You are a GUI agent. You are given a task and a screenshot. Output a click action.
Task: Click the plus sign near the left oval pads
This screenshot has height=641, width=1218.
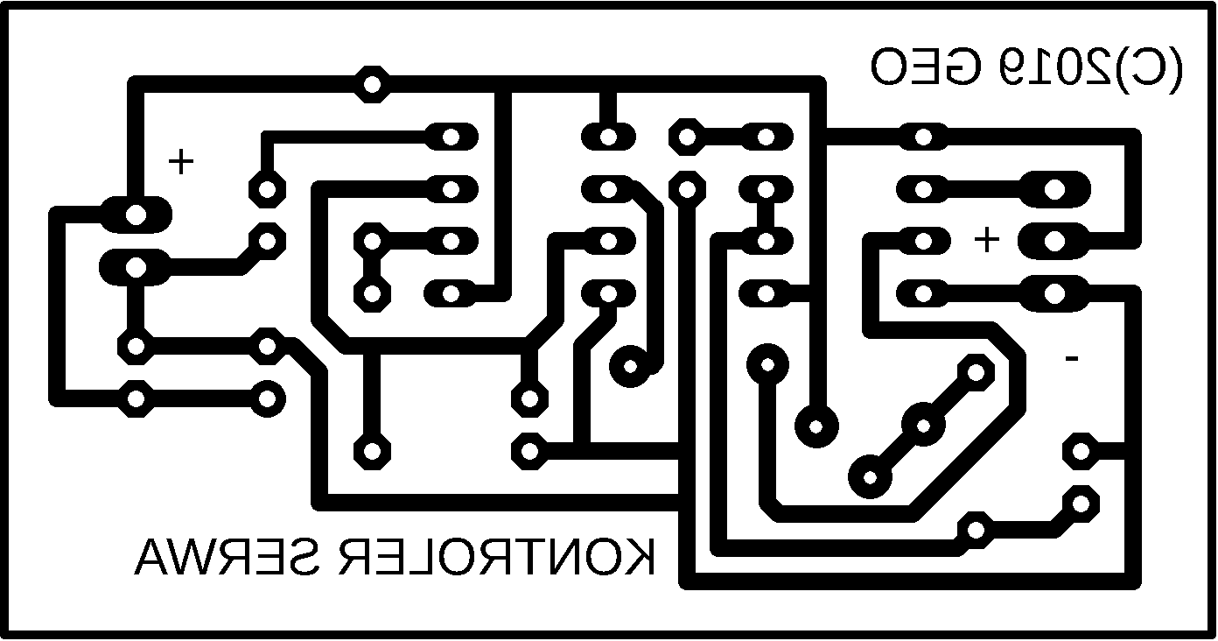coord(181,162)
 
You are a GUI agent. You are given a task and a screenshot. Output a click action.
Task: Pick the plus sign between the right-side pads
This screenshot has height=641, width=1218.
coord(987,239)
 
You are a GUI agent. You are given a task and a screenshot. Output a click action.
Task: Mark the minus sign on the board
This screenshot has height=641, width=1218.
coord(1070,357)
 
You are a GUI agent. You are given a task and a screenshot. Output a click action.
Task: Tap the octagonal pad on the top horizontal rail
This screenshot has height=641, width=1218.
coord(373,85)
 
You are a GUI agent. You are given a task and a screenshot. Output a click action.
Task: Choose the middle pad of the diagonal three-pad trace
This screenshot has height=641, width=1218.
coord(922,425)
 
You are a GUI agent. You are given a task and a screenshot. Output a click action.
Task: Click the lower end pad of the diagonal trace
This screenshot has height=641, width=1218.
coord(871,476)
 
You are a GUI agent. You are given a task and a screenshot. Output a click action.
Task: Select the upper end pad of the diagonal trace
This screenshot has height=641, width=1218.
coord(974,371)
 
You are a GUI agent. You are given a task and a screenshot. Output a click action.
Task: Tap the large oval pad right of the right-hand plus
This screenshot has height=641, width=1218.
coord(1053,239)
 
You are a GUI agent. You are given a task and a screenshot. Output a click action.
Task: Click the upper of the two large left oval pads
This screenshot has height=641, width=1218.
coord(136,214)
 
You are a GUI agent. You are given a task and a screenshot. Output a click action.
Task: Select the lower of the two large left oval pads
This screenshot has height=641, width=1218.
coord(136,266)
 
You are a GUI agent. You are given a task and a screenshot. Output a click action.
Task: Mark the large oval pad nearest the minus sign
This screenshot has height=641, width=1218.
coord(1053,292)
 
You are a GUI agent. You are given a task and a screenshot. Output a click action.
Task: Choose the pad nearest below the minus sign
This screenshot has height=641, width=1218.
coord(1080,450)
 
